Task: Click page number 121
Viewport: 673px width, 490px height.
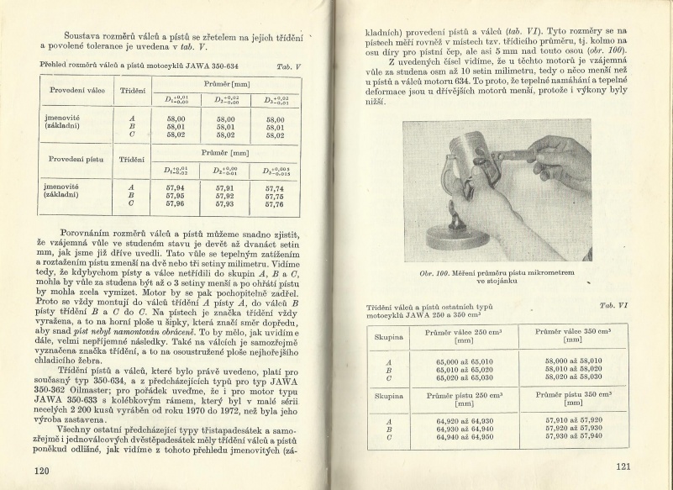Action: click(623, 466)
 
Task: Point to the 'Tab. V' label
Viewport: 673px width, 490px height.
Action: click(288, 66)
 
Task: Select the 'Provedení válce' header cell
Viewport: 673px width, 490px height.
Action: click(76, 91)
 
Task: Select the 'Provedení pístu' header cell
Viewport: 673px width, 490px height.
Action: click(76, 158)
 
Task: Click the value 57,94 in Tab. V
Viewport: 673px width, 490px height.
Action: click(176, 188)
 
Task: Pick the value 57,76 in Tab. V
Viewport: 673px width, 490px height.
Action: click(274, 204)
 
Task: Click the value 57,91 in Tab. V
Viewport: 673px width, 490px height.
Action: click(226, 188)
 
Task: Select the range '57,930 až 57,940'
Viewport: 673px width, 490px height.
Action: click(574, 435)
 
